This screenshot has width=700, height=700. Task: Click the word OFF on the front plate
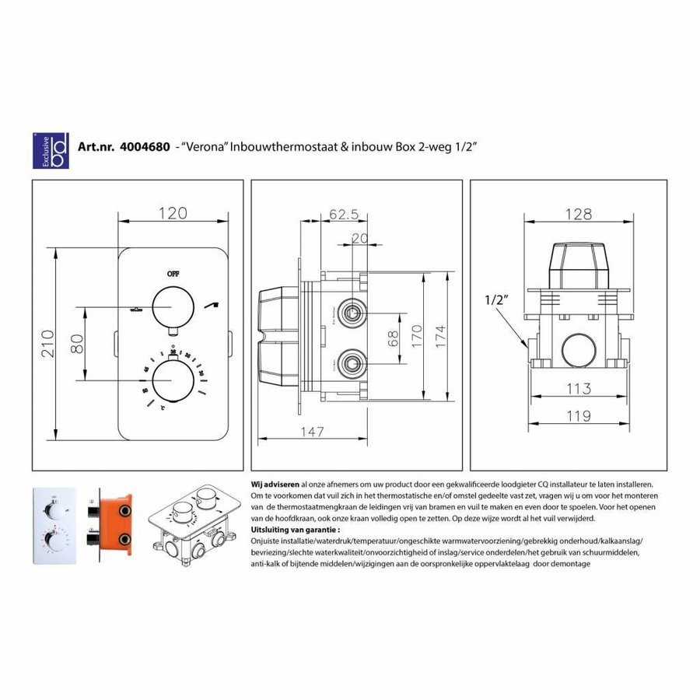tap(172, 274)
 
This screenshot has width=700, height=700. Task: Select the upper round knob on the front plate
tap(172, 306)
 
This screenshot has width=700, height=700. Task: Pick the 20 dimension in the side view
tap(359, 239)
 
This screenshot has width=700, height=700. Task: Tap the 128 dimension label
tap(578, 214)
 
